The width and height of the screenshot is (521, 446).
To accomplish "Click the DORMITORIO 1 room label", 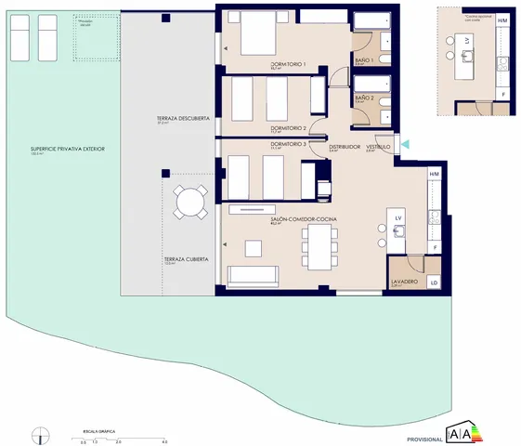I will pos(263,64).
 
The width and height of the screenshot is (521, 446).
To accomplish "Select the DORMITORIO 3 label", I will pos(288,144).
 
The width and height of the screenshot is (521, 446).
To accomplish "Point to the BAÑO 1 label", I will pos(364,60).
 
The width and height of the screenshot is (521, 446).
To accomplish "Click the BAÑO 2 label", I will pos(364,98).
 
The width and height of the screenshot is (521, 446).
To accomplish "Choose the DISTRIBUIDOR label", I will pos(344,146).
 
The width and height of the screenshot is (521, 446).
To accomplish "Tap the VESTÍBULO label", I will pos(377,146).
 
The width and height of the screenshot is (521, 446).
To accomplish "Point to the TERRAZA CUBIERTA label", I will pos(187,259).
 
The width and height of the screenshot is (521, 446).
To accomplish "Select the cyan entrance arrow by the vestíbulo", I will pos(404,143).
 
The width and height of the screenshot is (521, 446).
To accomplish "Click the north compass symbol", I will pos(41,434).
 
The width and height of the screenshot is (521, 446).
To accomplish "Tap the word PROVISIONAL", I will pos(424,438).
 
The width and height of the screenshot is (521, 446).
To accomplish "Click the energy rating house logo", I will pos(466,432).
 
